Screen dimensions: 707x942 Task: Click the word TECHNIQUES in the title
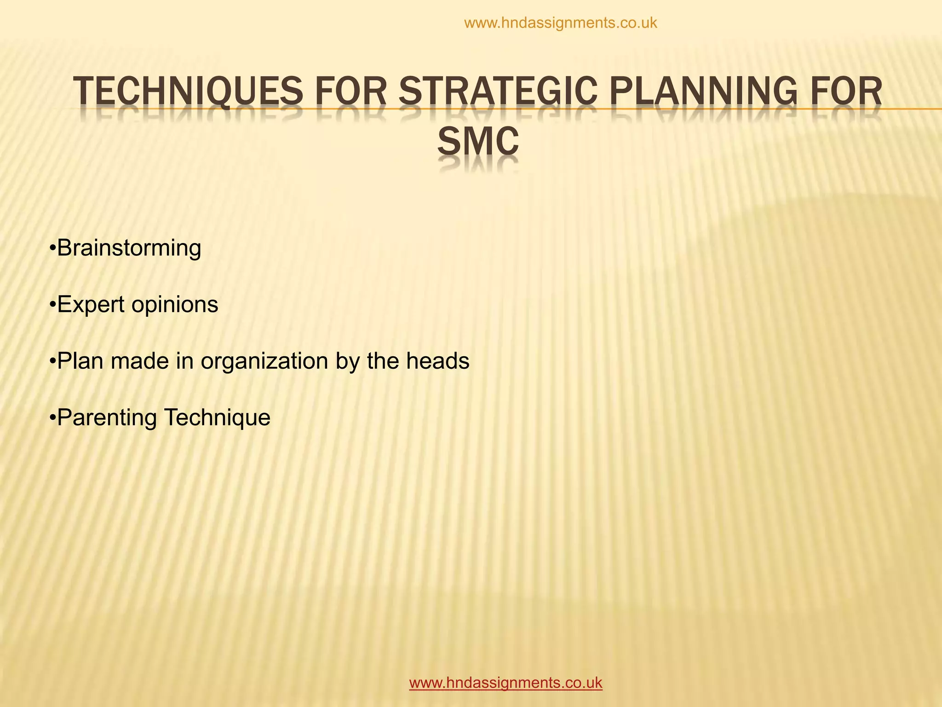click(188, 92)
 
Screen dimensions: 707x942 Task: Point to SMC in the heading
click(478, 142)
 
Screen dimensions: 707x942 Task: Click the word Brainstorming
click(129, 249)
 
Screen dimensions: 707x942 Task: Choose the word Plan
click(80, 361)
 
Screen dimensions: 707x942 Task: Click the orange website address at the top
click(561, 23)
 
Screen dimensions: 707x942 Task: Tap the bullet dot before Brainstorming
click(52, 249)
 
